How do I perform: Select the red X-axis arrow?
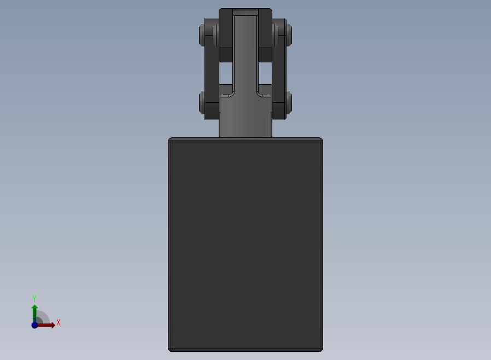46,325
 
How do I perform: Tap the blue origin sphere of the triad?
35,325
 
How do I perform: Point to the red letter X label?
59,322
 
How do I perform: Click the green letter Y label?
34,298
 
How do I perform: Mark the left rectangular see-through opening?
226,73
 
